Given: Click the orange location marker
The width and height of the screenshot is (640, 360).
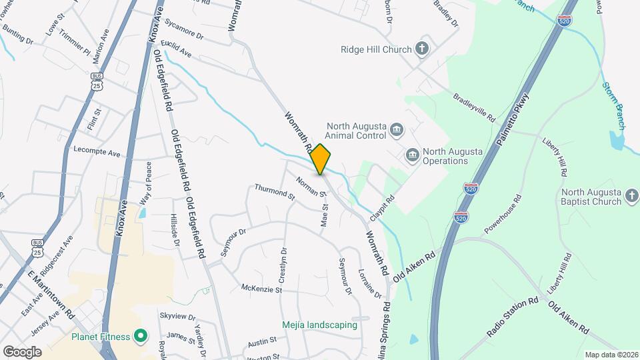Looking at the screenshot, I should click(x=321, y=159).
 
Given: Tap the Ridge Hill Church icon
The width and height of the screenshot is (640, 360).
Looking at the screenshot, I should click(x=421, y=48).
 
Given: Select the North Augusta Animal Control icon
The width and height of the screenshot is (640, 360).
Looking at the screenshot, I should click(x=396, y=129).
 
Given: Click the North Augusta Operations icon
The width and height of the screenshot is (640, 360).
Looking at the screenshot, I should click(x=412, y=155).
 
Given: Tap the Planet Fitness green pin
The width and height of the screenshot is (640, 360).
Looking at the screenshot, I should click(x=140, y=335).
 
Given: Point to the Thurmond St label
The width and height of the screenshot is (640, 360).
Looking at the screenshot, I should click(x=274, y=192).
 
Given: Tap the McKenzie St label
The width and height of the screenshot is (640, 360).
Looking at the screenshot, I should click(x=261, y=289).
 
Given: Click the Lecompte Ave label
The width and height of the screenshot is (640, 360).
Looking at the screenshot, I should click(x=97, y=152).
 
